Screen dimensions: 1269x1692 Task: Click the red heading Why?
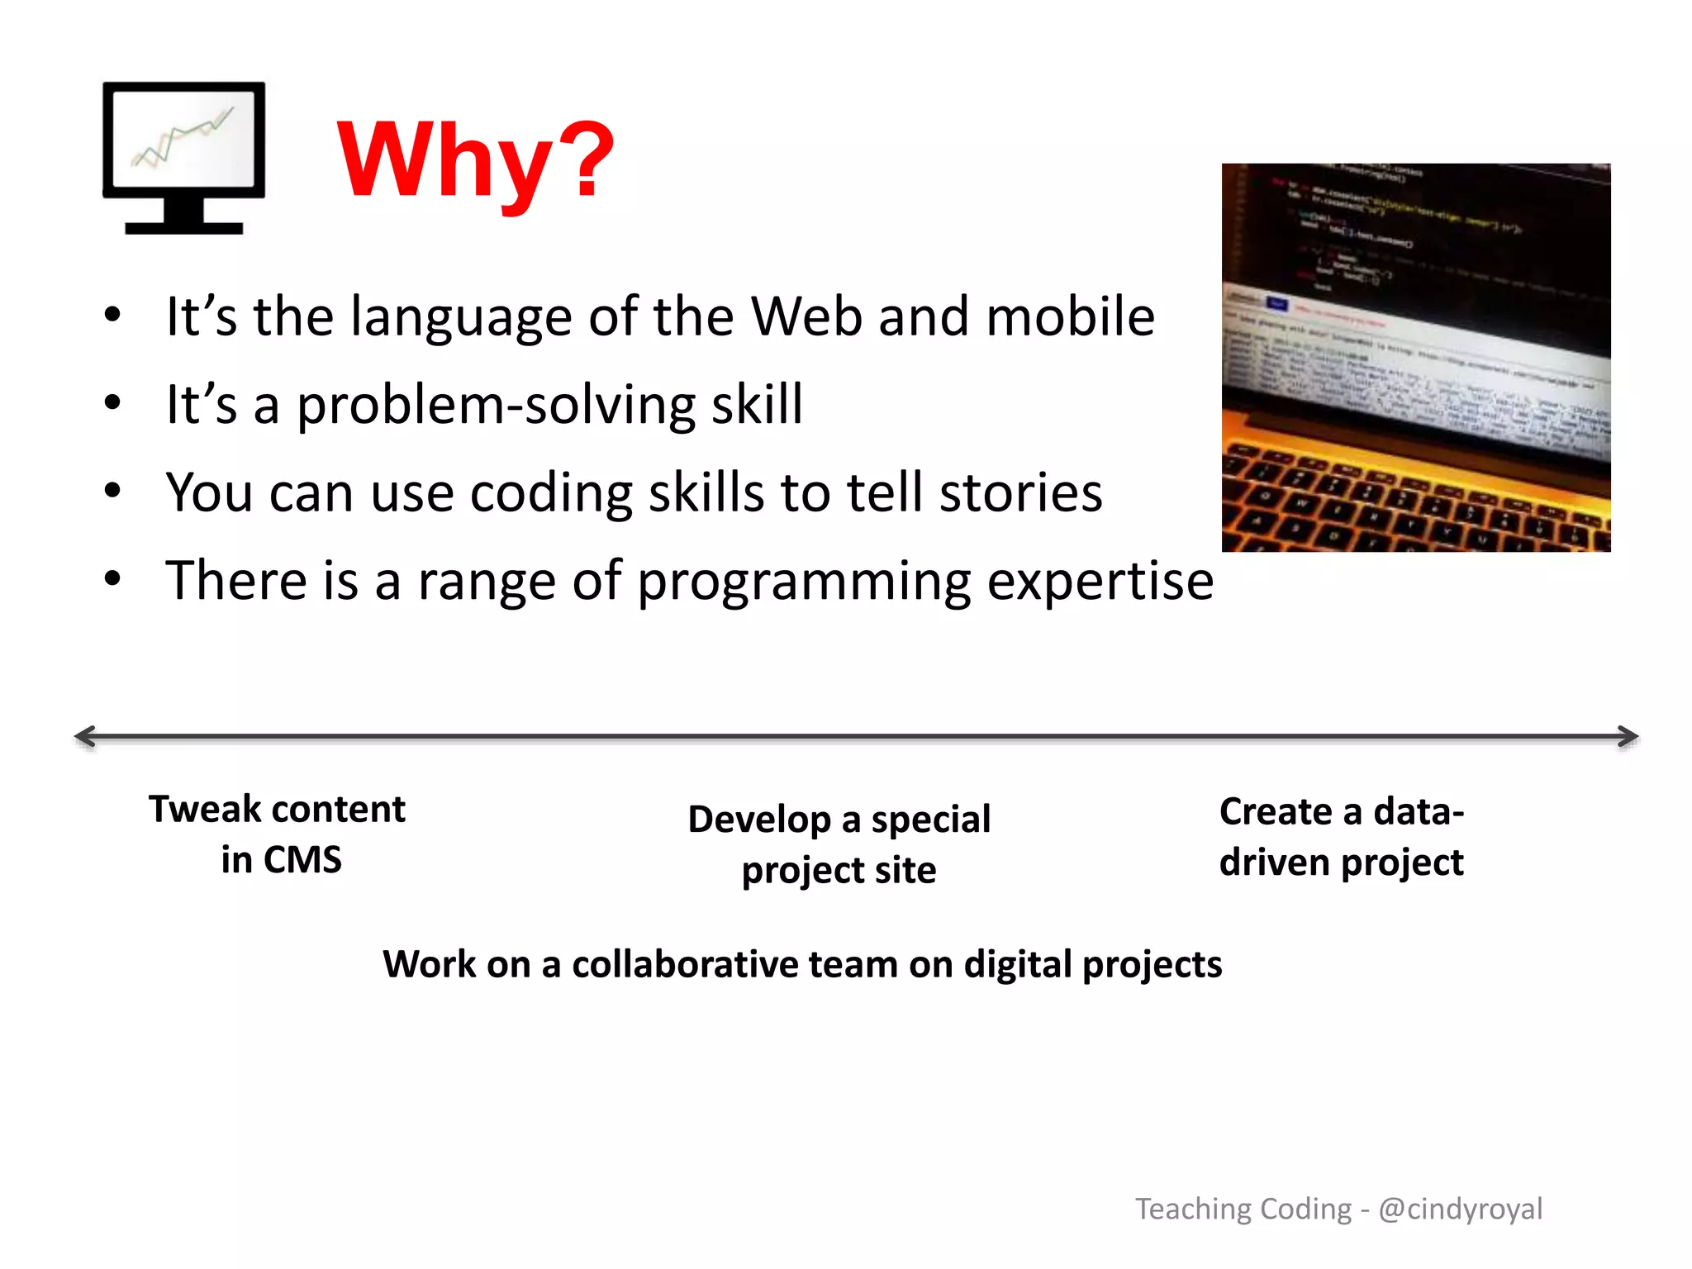click(475, 160)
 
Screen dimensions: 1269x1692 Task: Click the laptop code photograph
click(1415, 357)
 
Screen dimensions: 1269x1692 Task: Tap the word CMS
click(302, 860)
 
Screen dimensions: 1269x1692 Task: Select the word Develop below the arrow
click(758, 820)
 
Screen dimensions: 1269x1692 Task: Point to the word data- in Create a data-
click(1419, 812)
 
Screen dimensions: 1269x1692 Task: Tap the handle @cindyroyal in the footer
click(1460, 1210)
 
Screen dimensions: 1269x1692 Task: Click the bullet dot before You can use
click(112, 491)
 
